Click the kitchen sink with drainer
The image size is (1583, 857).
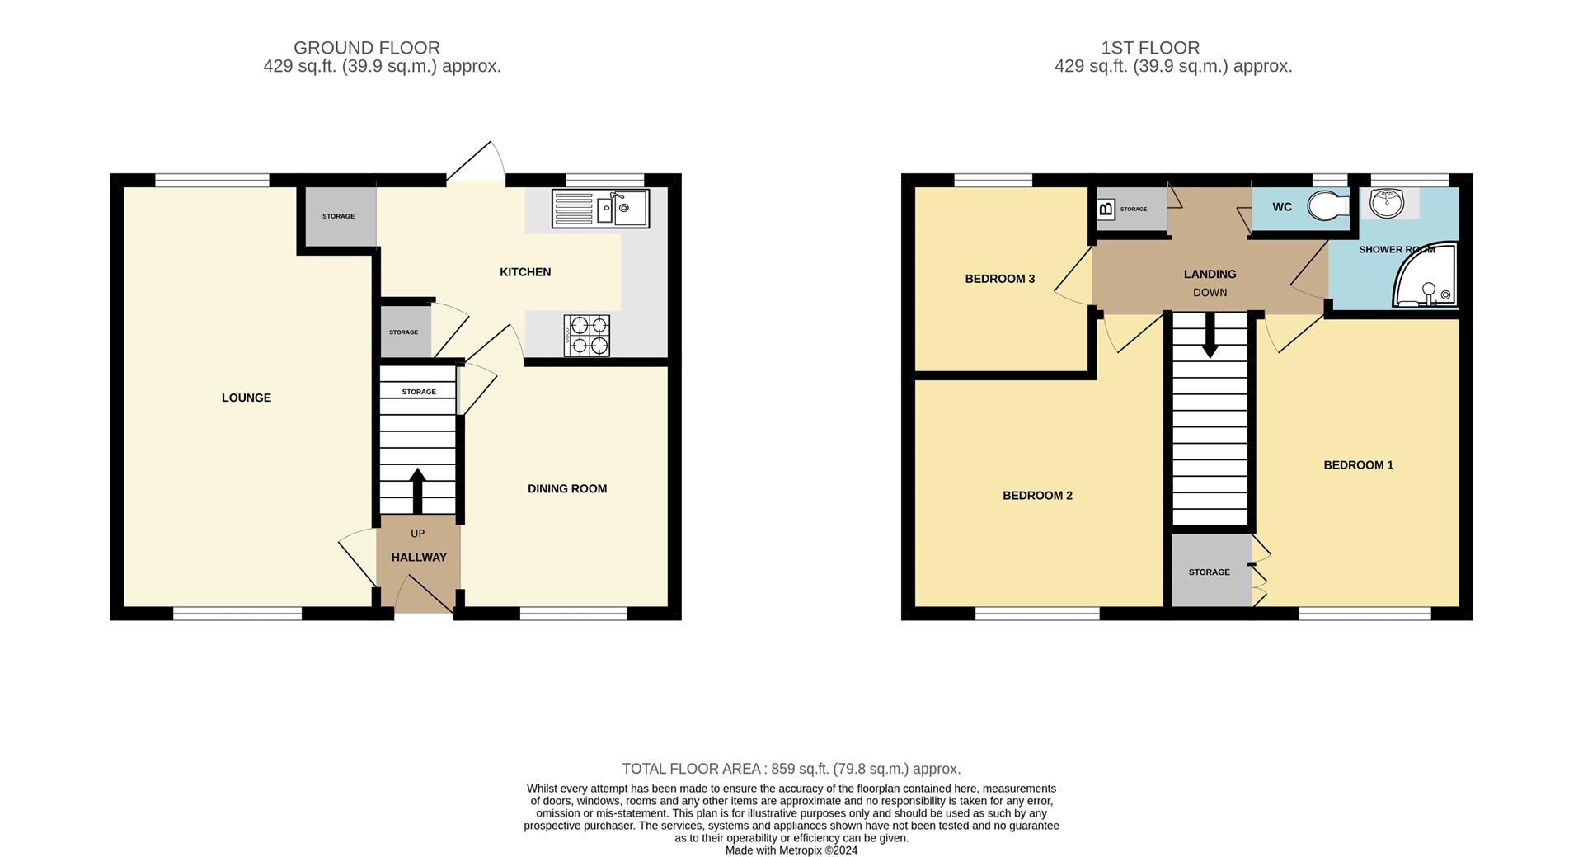(600, 208)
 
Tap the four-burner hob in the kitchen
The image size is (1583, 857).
(587, 336)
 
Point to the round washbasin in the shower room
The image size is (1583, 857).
(1387, 203)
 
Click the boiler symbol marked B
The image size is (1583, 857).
(1106, 209)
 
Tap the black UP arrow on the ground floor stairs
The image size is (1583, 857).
(417, 491)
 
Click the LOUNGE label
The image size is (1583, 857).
(246, 398)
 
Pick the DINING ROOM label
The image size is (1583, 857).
(567, 488)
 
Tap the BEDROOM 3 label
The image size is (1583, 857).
(999, 279)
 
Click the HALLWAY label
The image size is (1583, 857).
(419, 558)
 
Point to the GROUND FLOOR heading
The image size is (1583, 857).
(367, 48)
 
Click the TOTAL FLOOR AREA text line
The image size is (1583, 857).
(791, 769)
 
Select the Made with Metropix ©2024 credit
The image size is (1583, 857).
(791, 850)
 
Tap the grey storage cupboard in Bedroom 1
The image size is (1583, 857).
(1210, 571)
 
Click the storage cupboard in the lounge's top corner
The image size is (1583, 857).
(340, 216)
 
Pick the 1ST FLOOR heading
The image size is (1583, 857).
(1173, 48)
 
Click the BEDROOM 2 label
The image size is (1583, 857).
(1037, 496)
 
